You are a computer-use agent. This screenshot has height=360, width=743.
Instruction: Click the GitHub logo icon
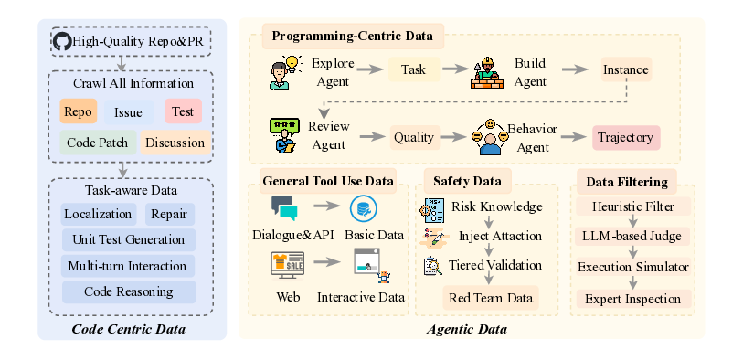click(x=62, y=41)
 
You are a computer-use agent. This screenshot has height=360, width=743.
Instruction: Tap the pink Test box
click(x=183, y=111)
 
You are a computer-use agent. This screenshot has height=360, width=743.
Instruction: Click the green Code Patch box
click(x=98, y=142)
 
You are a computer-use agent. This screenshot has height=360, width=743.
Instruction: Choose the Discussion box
click(x=174, y=142)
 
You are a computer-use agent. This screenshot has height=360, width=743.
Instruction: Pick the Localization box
click(x=97, y=215)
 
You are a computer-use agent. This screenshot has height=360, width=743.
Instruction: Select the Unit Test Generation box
click(x=128, y=240)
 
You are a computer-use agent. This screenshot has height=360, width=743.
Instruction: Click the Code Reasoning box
click(x=128, y=291)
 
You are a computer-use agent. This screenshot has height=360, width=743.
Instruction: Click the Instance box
click(x=625, y=69)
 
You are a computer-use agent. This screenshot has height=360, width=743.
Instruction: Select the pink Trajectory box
click(x=625, y=138)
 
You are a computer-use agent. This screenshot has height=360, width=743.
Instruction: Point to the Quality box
click(x=413, y=138)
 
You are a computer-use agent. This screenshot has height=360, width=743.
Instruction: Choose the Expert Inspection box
click(x=633, y=298)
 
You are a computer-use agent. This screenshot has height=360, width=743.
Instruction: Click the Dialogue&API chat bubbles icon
click(x=284, y=208)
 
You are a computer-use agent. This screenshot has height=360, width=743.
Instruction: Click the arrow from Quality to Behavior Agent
click(x=454, y=138)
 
